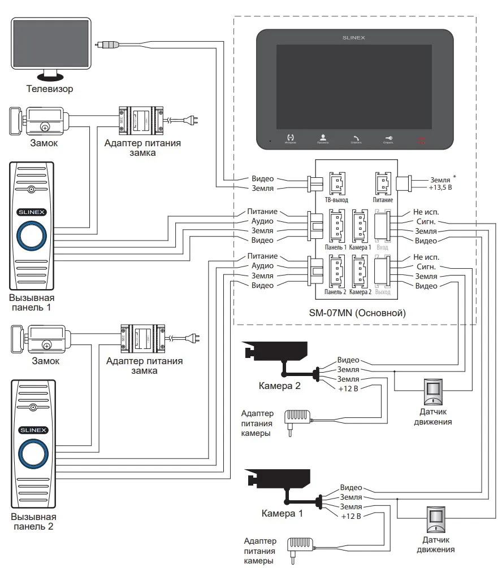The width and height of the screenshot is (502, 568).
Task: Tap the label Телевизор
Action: pyautogui.click(x=50, y=89)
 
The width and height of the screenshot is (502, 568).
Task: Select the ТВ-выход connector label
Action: pyautogui.click(x=337, y=200)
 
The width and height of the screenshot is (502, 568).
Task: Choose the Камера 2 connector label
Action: pyautogui.click(x=361, y=292)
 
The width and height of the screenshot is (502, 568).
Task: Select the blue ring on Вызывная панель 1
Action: pyautogui.click(x=33, y=235)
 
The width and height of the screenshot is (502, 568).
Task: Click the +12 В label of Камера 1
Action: pyautogui.click(x=351, y=516)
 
